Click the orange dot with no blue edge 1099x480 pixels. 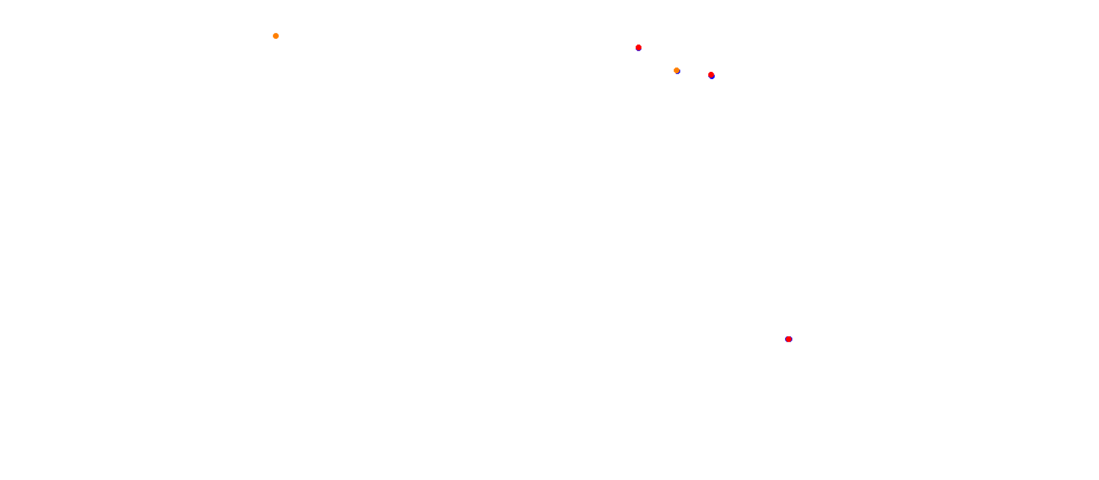[x=276, y=36]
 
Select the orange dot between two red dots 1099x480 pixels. [x=677, y=70]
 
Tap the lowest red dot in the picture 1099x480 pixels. [x=789, y=339]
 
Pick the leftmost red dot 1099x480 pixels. [x=639, y=47]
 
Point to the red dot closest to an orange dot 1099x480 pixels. [x=711, y=75]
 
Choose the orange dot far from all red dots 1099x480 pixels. [x=276, y=36]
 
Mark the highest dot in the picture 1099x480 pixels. [x=276, y=36]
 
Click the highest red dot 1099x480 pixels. [x=639, y=47]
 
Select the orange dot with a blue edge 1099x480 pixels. [x=677, y=70]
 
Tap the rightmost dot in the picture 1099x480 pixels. [x=789, y=339]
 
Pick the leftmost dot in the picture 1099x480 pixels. [x=276, y=36]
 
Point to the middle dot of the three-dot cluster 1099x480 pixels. [x=677, y=70]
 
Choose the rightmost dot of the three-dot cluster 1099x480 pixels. [x=711, y=75]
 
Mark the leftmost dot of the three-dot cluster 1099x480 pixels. [x=639, y=47]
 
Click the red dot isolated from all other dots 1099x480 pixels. [x=789, y=339]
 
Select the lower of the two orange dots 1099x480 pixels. [x=677, y=70]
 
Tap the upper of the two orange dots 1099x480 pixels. [x=276, y=36]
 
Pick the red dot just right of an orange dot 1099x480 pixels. [x=711, y=75]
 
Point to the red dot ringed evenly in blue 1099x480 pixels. [x=789, y=339]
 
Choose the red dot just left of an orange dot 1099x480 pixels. [x=639, y=47]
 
